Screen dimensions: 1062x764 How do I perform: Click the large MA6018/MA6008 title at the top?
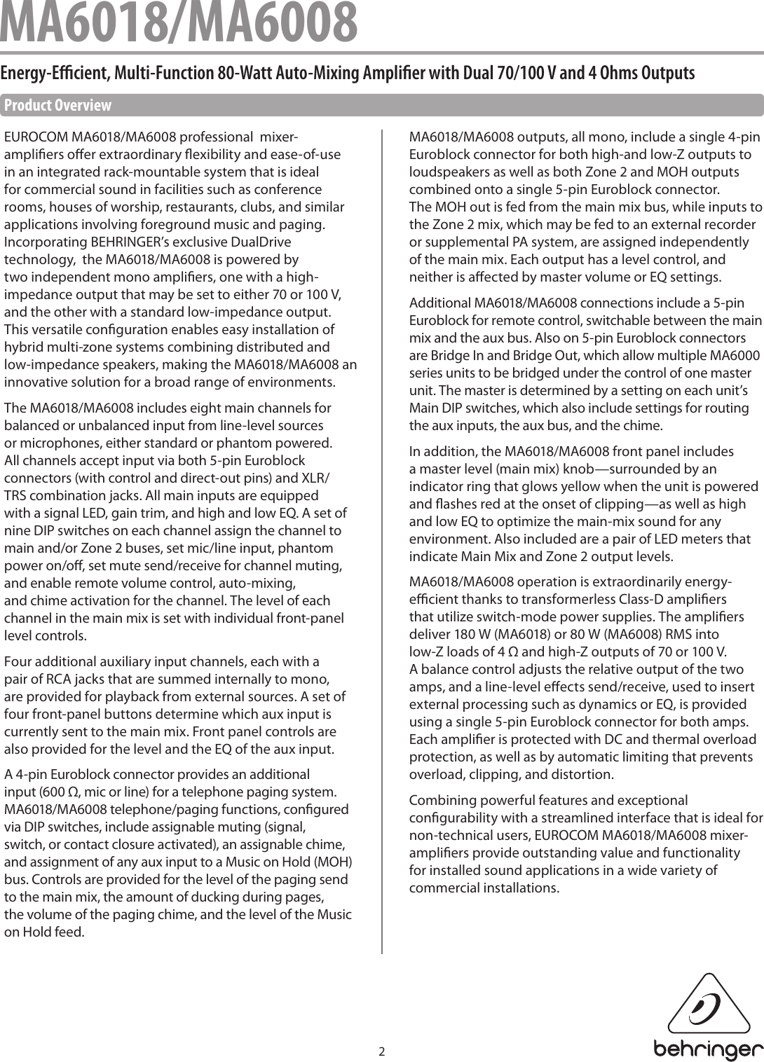pos(179,22)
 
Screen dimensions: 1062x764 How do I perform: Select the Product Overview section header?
pos(57,106)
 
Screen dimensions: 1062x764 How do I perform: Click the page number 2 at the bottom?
pos(382,1051)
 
